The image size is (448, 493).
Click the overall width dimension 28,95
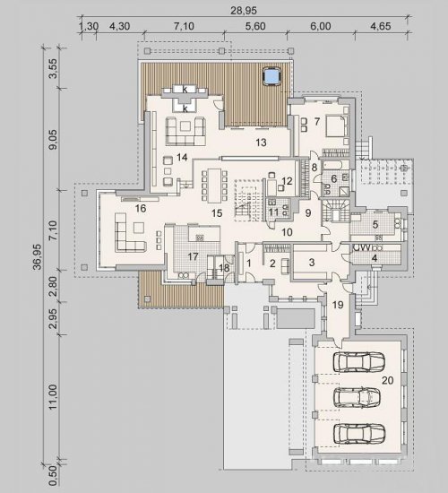click(244, 11)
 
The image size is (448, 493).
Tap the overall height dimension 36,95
click(38, 256)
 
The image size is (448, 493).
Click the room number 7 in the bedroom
click(317, 121)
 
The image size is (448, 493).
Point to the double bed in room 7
click(337, 126)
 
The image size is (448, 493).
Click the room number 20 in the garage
click(388, 380)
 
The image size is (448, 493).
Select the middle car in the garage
click(357, 397)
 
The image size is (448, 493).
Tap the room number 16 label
click(141, 208)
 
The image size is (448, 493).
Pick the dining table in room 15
click(214, 186)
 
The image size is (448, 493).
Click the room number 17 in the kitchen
click(193, 257)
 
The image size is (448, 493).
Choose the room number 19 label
click(338, 305)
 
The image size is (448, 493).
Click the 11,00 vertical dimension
click(54, 396)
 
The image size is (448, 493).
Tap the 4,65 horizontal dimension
click(381, 26)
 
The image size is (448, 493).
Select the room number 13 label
click(261, 143)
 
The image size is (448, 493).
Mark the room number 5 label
click(375, 224)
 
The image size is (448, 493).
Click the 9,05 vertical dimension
click(54, 139)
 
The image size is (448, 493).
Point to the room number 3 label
click(312, 263)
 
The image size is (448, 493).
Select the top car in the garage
click(359, 361)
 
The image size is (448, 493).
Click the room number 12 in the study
click(287, 181)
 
